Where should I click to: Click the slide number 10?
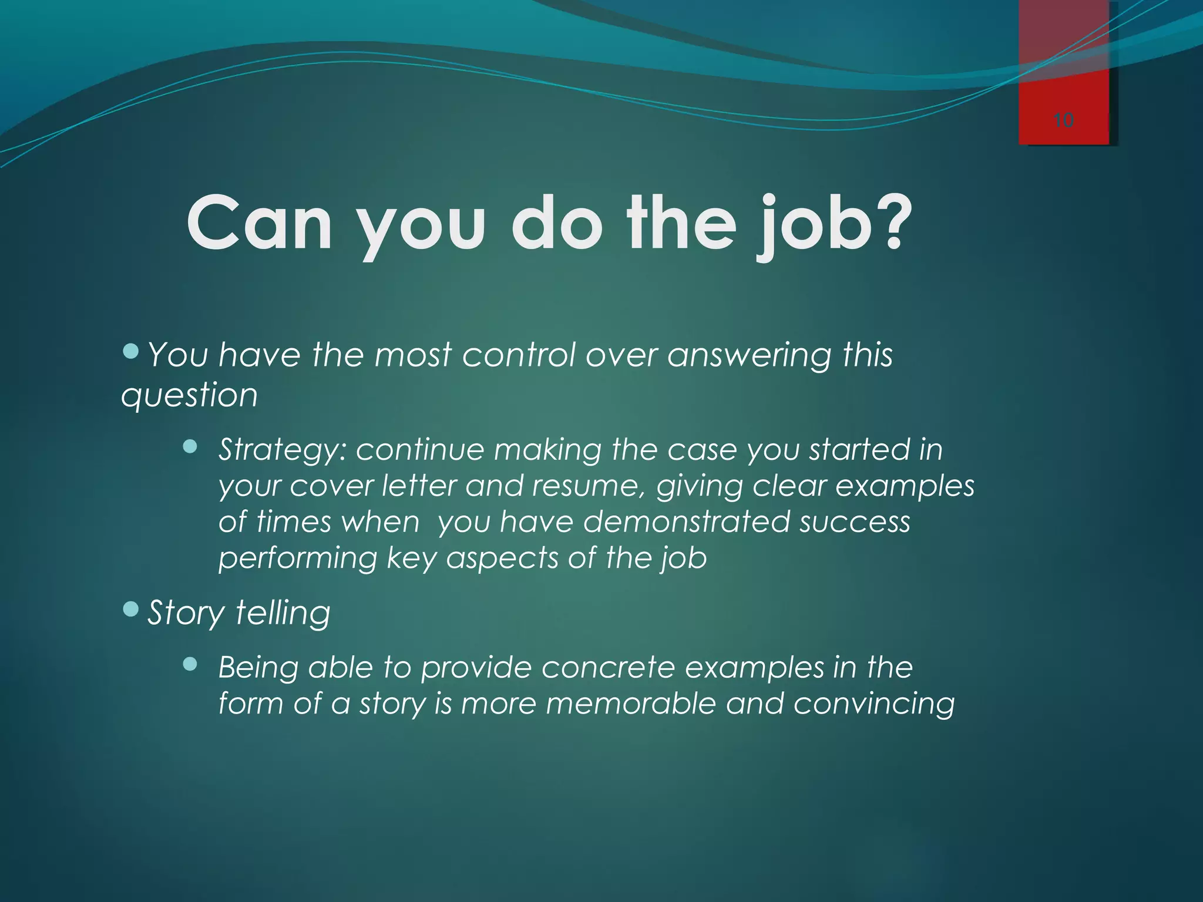click(x=1063, y=120)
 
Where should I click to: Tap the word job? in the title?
click(x=834, y=226)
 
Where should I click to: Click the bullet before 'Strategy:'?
click(x=190, y=447)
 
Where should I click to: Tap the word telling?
click(x=283, y=614)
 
